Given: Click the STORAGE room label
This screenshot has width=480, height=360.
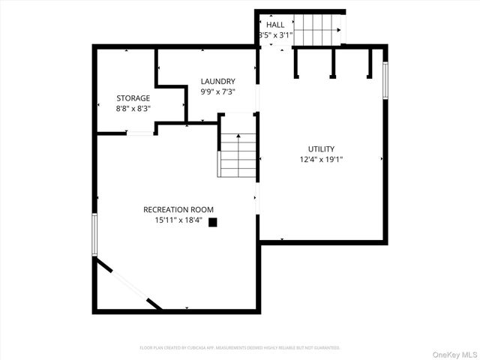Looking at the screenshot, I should pyautogui.click(x=133, y=98).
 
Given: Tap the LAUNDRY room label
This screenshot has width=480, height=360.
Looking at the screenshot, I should pyautogui.click(x=217, y=81).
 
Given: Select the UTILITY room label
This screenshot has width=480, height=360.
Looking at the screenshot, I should pyautogui.click(x=321, y=148).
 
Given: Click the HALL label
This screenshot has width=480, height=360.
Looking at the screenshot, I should pyautogui.click(x=274, y=25).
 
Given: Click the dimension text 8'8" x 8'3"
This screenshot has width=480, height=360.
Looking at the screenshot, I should pyautogui.click(x=133, y=109).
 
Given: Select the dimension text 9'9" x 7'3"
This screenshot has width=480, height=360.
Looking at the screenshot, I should pyautogui.click(x=217, y=91).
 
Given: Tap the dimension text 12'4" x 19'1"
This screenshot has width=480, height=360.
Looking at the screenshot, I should pyautogui.click(x=321, y=159).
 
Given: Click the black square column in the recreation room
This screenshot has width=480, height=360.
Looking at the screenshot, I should pyautogui.click(x=213, y=221).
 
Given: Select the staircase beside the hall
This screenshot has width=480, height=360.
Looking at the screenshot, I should pyautogui.click(x=316, y=31).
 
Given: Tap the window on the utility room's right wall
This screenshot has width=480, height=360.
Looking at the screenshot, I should pyautogui.click(x=385, y=80).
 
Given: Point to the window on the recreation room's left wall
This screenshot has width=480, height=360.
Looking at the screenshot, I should pyautogui.click(x=94, y=234).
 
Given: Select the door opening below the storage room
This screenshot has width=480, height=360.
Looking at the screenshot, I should pyautogui.click(x=139, y=133).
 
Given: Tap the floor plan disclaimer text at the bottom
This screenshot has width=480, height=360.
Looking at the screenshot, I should pyautogui.click(x=240, y=348).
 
